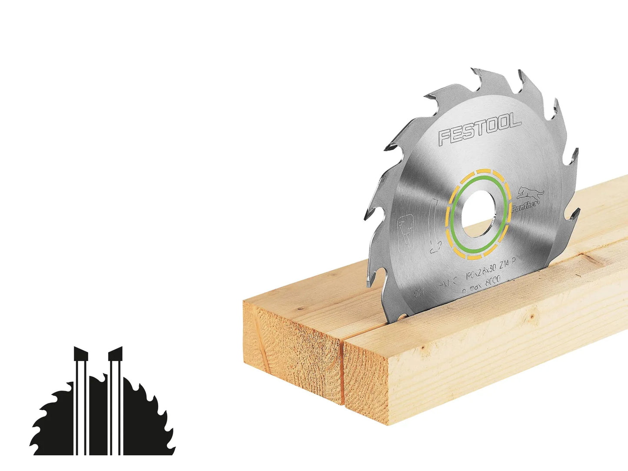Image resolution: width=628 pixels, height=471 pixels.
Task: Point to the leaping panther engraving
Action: click(x=530, y=194)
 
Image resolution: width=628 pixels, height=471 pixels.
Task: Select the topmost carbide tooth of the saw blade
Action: click(x=480, y=72)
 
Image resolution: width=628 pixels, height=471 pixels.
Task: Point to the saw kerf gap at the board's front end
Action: click(x=343, y=374)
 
